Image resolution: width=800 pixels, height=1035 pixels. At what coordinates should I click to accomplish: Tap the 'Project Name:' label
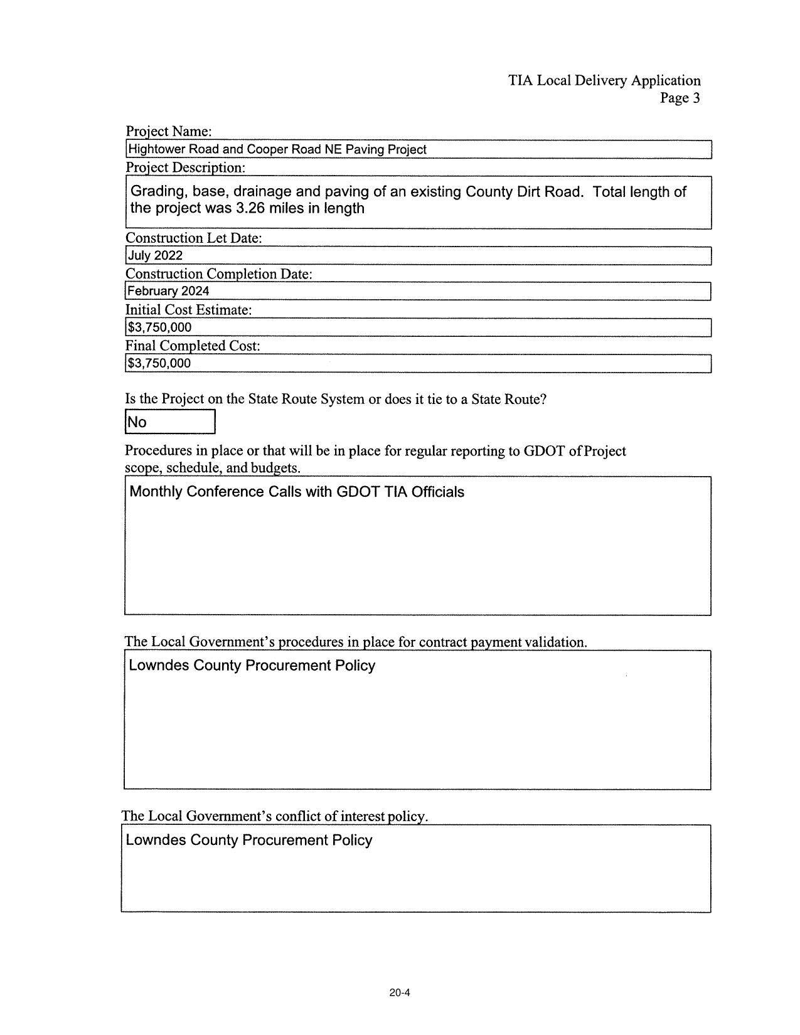click(169, 131)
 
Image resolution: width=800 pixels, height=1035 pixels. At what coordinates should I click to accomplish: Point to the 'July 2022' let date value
click(155, 255)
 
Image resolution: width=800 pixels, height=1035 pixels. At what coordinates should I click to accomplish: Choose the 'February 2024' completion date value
click(168, 291)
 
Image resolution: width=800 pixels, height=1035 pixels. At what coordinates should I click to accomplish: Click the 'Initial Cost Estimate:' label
click(188, 310)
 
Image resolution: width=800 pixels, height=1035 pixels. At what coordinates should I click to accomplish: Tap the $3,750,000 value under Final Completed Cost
click(159, 363)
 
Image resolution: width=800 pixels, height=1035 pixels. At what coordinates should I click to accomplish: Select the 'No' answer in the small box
click(137, 422)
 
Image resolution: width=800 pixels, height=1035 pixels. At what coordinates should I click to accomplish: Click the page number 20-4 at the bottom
click(400, 992)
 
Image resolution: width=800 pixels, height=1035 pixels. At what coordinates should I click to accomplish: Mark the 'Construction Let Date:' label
click(193, 238)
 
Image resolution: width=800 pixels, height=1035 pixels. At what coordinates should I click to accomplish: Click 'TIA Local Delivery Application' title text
click(604, 80)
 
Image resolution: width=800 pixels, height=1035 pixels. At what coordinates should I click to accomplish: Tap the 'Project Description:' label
click(185, 167)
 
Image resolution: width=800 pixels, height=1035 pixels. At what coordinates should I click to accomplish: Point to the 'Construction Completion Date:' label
click(218, 274)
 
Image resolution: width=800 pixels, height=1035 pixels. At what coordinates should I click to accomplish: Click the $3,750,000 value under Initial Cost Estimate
click(159, 327)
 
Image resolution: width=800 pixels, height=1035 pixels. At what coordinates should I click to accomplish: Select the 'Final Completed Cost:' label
click(193, 346)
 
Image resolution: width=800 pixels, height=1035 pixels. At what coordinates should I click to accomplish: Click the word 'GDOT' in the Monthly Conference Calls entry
click(358, 492)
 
